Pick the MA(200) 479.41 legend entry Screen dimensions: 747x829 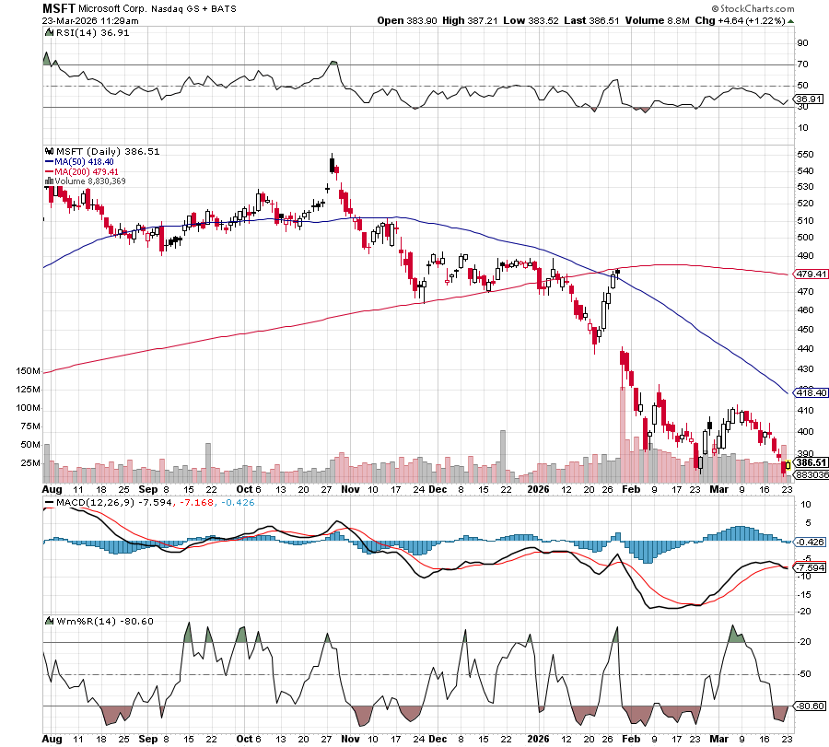[x=84, y=171]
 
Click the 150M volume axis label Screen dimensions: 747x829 [x=28, y=370]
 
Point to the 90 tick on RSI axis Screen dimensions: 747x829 [x=802, y=42]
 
